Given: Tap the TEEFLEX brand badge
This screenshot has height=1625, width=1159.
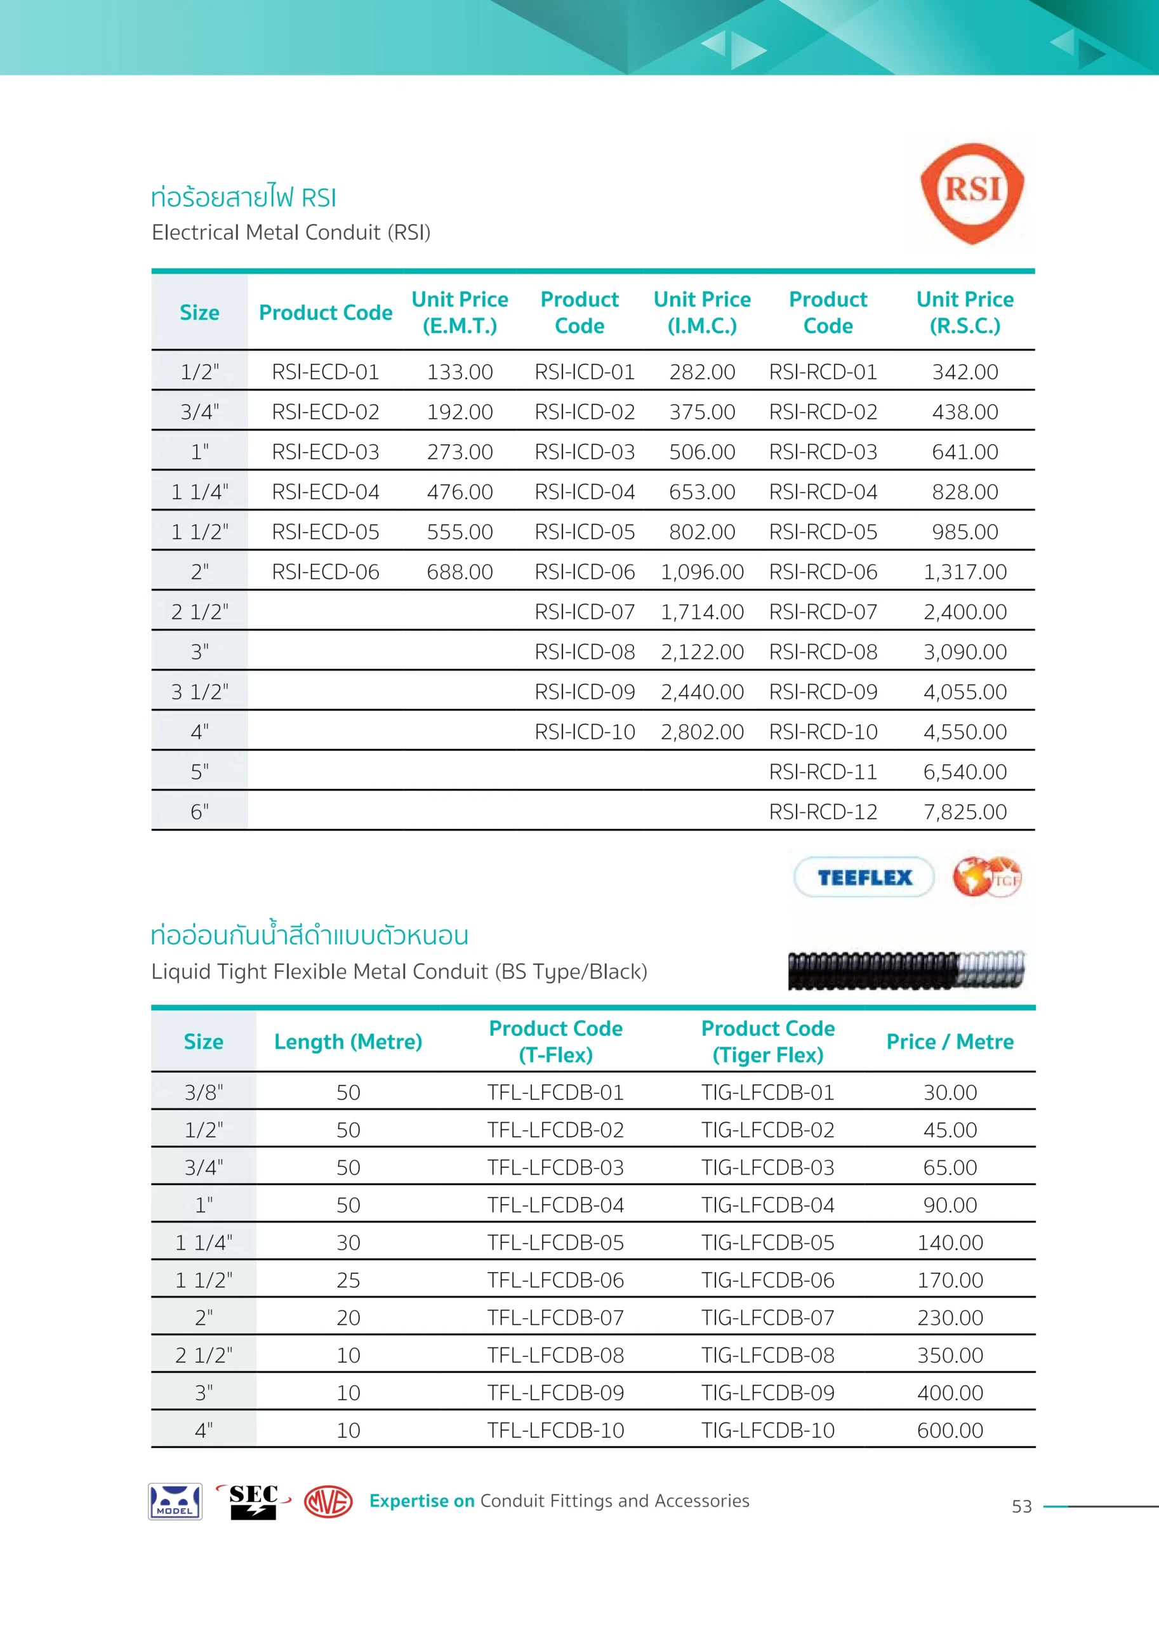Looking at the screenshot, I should (x=864, y=877).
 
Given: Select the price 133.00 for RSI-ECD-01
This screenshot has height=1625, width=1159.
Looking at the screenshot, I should (x=460, y=372).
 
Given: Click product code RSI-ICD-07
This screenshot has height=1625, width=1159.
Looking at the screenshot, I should (x=585, y=612).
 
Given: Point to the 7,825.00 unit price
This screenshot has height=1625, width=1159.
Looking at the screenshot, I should (x=964, y=811).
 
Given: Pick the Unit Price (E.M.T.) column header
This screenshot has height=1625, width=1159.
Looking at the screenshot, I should (x=460, y=312).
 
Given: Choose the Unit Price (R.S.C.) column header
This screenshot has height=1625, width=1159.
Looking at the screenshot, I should (x=964, y=312).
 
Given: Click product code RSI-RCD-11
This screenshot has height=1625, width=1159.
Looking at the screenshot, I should (x=822, y=771).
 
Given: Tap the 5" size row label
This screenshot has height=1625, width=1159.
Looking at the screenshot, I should (x=200, y=771).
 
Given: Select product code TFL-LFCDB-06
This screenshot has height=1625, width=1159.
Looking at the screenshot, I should (x=555, y=1280).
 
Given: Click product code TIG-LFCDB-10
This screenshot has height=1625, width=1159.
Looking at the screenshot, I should (x=767, y=1429).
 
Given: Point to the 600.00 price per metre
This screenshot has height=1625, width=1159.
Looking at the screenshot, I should (x=950, y=1429).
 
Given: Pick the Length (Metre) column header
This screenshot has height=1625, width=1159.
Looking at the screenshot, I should (x=348, y=1041).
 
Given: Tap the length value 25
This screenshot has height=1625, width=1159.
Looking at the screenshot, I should (x=348, y=1280).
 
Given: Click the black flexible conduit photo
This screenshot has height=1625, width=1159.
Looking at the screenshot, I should (x=906, y=970).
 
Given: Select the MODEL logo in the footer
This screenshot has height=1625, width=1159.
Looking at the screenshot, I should (x=175, y=1501).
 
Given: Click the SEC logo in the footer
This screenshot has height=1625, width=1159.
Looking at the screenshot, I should (x=253, y=1501).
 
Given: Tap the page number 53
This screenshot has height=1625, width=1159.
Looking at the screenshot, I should (x=1021, y=1506).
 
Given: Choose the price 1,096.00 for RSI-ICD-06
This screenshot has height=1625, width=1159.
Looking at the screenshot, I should (x=701, y=572).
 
